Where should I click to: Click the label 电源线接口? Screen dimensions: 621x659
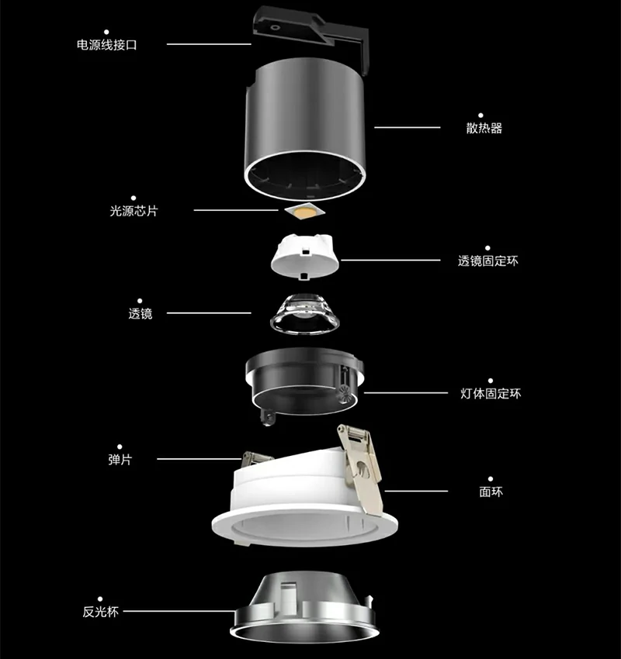pyautogui.click(x=107, y=45)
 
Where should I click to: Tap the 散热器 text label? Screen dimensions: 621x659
pyautogui.click(x=484, y=128)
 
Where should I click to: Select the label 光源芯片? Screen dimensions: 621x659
pyautogui.click(x=134, y=211)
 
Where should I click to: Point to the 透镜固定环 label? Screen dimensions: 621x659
pyautogui.click(x=488, y=261)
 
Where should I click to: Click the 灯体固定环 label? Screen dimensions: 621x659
pyautogui.click(x=491, y=394)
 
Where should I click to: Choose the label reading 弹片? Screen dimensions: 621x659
pyautogui.click(x=120, y=460)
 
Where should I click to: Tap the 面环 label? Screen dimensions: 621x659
pyautogui.click(x=491, y=492)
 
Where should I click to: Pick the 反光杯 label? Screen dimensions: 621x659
pyautogui.click(x=101, y=612)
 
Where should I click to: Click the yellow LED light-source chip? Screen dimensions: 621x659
pyautogui.click(x=304, y=211)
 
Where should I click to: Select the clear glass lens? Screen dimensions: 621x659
pyautogui.click(x=304, y=314)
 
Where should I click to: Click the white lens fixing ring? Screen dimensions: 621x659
pyautogui.click(x=304, y=257)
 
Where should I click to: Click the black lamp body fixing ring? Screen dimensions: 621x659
pyautogui.click(x=304, y=381)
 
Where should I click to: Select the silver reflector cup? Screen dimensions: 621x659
pyautogui.click(x=304, y=607)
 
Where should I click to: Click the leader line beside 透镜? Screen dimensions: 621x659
pyautogui.click(x=209, y=313)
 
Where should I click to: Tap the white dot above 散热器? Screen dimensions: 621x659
pyautogui.click(x=480, y=116)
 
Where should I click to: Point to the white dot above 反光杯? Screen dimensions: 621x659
pyautogui.click(x=100, y=599)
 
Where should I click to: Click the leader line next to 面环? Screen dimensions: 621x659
pyautogui.click(x=416, y=491)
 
